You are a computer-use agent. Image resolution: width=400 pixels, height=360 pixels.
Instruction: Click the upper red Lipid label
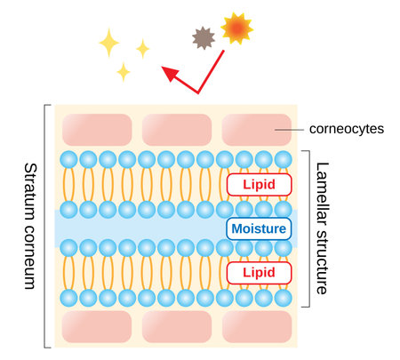coord(259,184)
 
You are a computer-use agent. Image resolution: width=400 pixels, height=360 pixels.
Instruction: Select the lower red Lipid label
coord(259,271)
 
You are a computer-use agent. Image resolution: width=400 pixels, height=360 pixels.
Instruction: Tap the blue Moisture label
coord(259,228)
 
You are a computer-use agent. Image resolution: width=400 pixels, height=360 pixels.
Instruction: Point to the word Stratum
coord(28,191)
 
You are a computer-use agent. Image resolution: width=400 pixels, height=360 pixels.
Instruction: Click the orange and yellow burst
coord(236,29)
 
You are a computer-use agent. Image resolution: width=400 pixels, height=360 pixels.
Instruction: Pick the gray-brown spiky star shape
coord(204,37)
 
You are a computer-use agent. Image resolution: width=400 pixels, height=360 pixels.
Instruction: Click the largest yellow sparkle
coord(109,42)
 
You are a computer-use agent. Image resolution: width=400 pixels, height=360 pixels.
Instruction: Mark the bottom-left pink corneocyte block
coord(96,326)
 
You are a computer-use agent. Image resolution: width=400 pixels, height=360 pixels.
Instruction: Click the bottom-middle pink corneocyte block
coord(175,326)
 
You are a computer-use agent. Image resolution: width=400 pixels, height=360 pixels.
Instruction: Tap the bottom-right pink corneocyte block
coord(255,326)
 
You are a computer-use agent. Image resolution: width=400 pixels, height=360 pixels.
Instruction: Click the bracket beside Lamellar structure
coord(307,228)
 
